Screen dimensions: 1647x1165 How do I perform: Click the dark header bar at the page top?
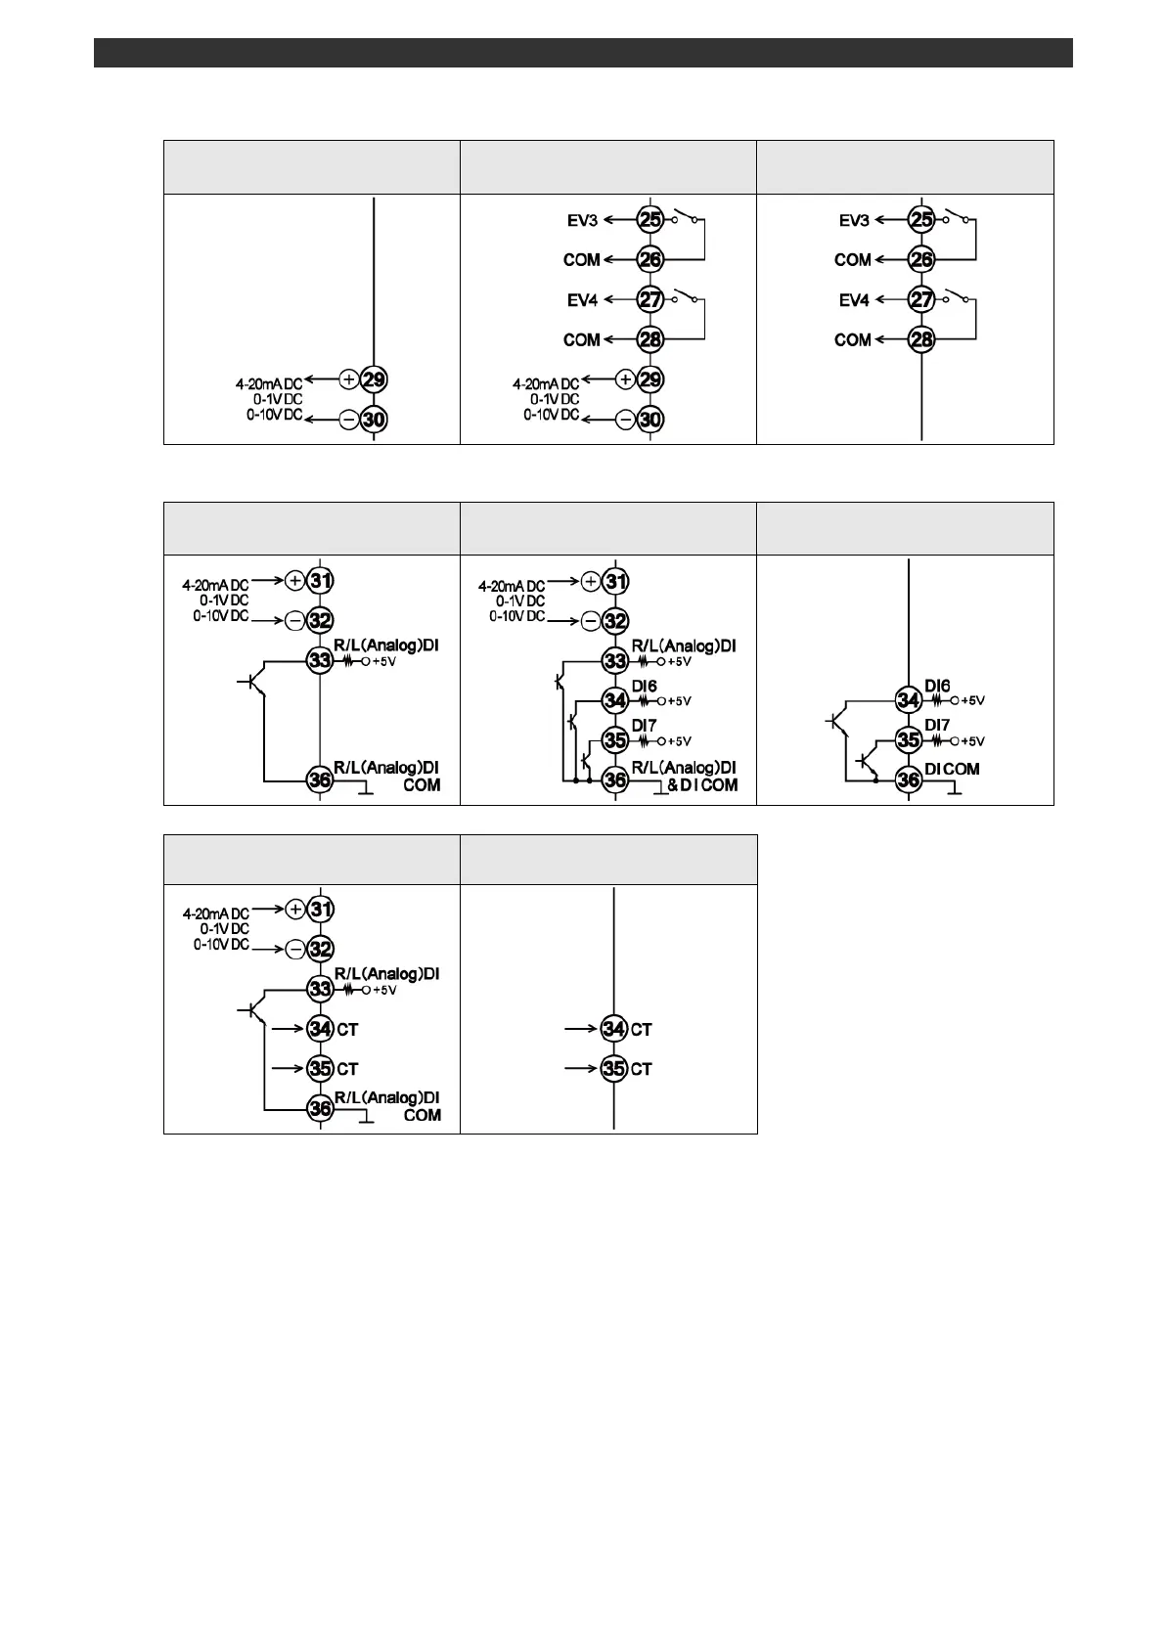583,53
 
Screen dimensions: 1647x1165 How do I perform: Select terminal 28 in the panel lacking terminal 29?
921,339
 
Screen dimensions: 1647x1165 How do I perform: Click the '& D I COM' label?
702,785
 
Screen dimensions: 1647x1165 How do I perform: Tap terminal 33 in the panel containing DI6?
615,660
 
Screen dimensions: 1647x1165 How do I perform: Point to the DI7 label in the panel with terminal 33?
644,726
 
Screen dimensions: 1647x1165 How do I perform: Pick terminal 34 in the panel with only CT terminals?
613,1029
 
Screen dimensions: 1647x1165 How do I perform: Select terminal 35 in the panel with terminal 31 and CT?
320,1069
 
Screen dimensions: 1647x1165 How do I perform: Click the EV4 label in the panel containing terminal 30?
582,300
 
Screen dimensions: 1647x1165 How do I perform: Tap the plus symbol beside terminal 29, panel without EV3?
349,378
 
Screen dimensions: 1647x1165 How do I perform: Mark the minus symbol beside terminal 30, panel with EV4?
625,420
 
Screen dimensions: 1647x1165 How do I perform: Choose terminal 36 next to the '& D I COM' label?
615,780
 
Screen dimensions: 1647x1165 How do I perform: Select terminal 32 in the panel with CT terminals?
321,949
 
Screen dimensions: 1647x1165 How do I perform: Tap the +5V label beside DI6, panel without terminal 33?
972,700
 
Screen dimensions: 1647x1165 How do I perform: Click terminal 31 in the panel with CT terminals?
321,909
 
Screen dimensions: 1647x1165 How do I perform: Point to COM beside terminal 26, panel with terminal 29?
581,260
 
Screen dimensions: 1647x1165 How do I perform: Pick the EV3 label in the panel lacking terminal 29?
854,220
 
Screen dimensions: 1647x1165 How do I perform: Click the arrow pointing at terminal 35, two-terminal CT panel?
582,1069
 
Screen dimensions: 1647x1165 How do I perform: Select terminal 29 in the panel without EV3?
374,379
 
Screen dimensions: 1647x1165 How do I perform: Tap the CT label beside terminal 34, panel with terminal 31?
347,1029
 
